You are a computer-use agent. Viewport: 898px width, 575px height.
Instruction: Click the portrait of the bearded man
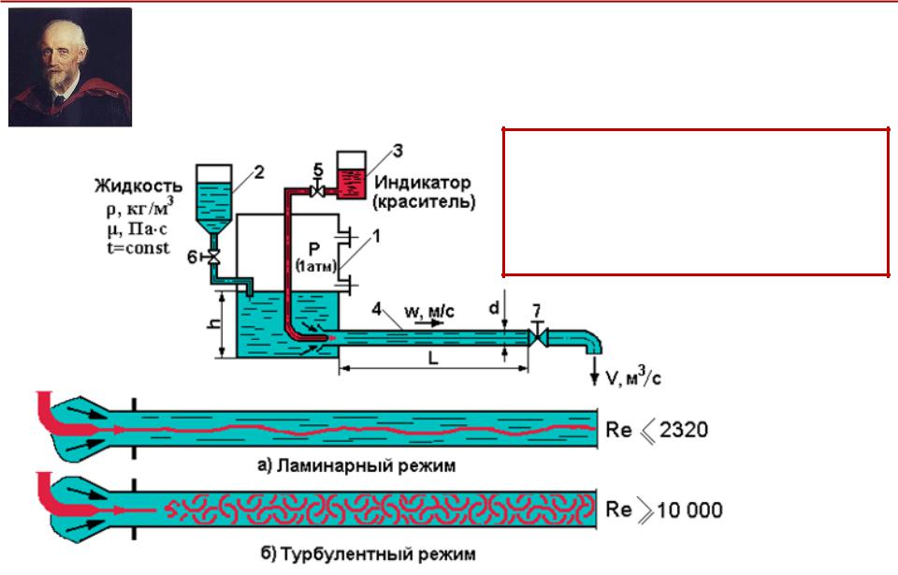(x=70, y=66)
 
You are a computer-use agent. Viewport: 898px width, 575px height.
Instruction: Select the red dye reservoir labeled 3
(x=352, y=177)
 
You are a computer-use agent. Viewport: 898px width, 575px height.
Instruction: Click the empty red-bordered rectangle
(x=695, y=201)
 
